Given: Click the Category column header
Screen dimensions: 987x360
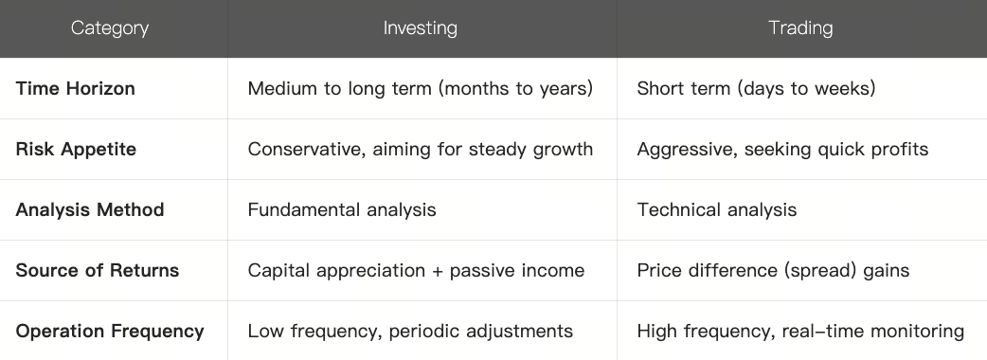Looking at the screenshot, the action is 110,28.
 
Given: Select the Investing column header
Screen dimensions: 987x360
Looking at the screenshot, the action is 420,28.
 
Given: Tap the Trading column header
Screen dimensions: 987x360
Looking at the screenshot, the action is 800,28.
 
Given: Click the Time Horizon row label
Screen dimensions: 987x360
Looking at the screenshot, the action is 76,88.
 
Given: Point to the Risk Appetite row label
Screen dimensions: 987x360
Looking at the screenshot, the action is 76,149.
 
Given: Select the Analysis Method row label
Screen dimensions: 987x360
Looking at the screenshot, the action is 90,209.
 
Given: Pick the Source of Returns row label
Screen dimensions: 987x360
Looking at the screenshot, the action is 98,270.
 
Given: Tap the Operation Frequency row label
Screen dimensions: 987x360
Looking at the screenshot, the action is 110,331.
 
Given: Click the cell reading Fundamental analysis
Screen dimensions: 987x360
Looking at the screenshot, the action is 342,209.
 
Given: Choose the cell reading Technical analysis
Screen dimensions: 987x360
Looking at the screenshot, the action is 717,209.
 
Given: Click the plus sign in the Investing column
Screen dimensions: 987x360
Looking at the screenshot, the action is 433,271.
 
